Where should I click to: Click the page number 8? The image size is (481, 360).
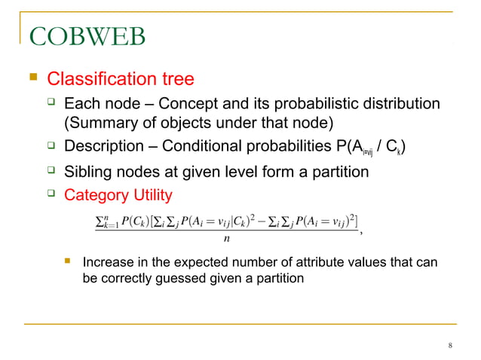[x=449, y=346]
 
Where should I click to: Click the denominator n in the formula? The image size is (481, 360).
[x=227, y=239]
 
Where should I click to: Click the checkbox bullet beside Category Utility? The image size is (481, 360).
[x=51, y=194]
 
